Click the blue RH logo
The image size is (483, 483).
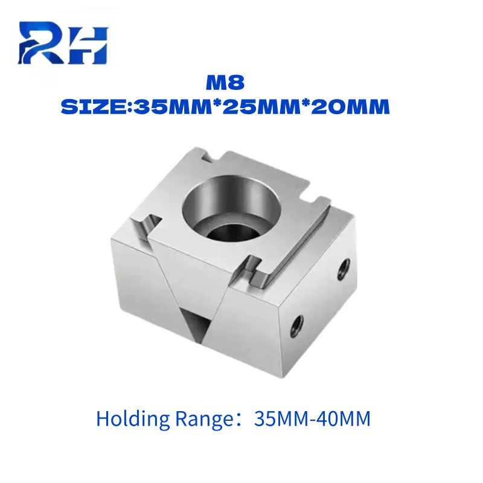click(63, 42)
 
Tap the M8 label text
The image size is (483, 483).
click(225, 83)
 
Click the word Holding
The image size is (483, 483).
click(133, 419)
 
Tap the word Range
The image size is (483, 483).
click(204, 420)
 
